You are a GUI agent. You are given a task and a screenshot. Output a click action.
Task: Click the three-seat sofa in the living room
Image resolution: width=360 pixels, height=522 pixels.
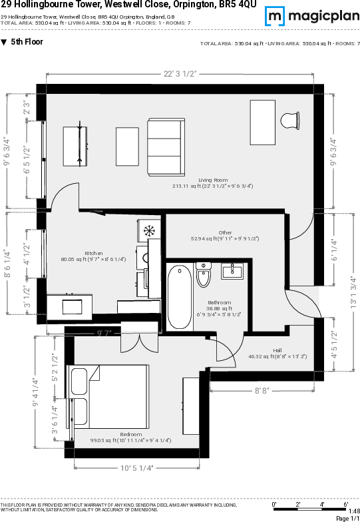164,148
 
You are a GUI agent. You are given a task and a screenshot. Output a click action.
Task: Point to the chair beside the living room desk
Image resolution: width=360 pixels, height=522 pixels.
289,121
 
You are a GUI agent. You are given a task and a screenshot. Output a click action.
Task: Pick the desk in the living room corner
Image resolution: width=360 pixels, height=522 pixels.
262,122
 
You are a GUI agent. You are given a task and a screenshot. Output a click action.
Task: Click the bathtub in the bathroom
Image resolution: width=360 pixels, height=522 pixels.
179,297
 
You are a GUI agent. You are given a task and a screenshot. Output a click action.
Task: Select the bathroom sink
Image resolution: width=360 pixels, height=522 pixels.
232,271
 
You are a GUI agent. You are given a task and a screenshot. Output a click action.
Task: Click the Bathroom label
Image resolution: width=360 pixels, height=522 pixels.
218,302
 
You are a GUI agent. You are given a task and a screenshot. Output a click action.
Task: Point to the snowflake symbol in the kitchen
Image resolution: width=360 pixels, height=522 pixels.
150,231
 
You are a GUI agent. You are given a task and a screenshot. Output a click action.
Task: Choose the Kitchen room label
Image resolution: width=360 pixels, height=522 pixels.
93,253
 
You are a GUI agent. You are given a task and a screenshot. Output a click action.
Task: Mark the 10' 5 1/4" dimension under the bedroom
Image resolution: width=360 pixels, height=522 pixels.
136,468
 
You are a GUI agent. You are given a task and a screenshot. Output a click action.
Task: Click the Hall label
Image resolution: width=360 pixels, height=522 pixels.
277,350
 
